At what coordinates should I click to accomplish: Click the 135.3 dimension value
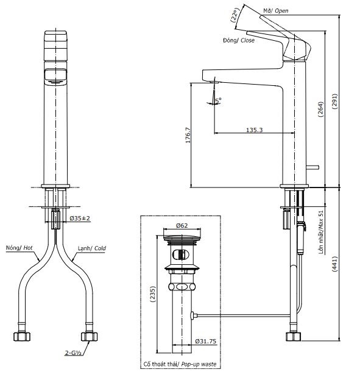pos(254,130)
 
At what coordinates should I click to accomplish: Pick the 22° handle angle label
pos(236,15)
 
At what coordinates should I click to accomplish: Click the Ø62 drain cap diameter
pos(182,225)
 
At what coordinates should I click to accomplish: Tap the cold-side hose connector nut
pos(88,336)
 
